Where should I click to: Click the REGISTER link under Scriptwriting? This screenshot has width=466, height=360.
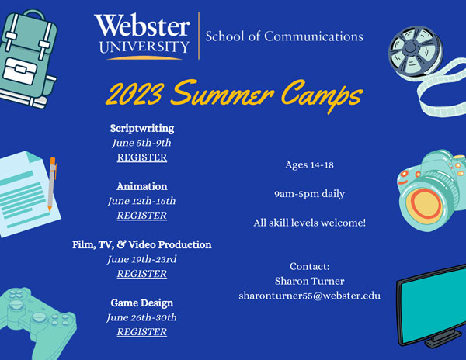[x=142, y=157]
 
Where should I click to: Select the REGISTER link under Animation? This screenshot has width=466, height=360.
[x=142, y=215]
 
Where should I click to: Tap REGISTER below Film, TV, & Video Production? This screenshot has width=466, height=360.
[x=142, y=273]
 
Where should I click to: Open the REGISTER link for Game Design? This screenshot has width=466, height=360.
[x=142, y=331]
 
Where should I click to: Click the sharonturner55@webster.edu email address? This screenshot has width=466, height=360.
[x=309, y=296]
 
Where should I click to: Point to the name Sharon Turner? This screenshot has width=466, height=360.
[x=309, y=281]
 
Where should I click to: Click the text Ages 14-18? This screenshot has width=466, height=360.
[x=309, y=164]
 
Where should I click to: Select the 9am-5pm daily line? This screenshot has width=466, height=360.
[x=309, y=194]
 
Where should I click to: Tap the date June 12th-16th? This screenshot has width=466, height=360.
[x=142, y=201]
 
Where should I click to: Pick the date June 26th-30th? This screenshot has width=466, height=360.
[x=142, y=317]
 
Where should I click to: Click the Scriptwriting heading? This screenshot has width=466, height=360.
[x=142, y=128]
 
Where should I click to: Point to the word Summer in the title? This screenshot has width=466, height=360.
[x=222, y=92]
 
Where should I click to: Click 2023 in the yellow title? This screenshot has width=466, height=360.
[x=134, y=92]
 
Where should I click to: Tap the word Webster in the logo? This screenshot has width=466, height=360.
[x=142, y=25]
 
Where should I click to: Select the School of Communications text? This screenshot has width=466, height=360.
[x=284, y=36]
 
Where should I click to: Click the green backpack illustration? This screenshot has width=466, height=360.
[x=28, y=58]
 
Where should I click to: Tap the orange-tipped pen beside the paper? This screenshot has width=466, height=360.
[x=52, y=184]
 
